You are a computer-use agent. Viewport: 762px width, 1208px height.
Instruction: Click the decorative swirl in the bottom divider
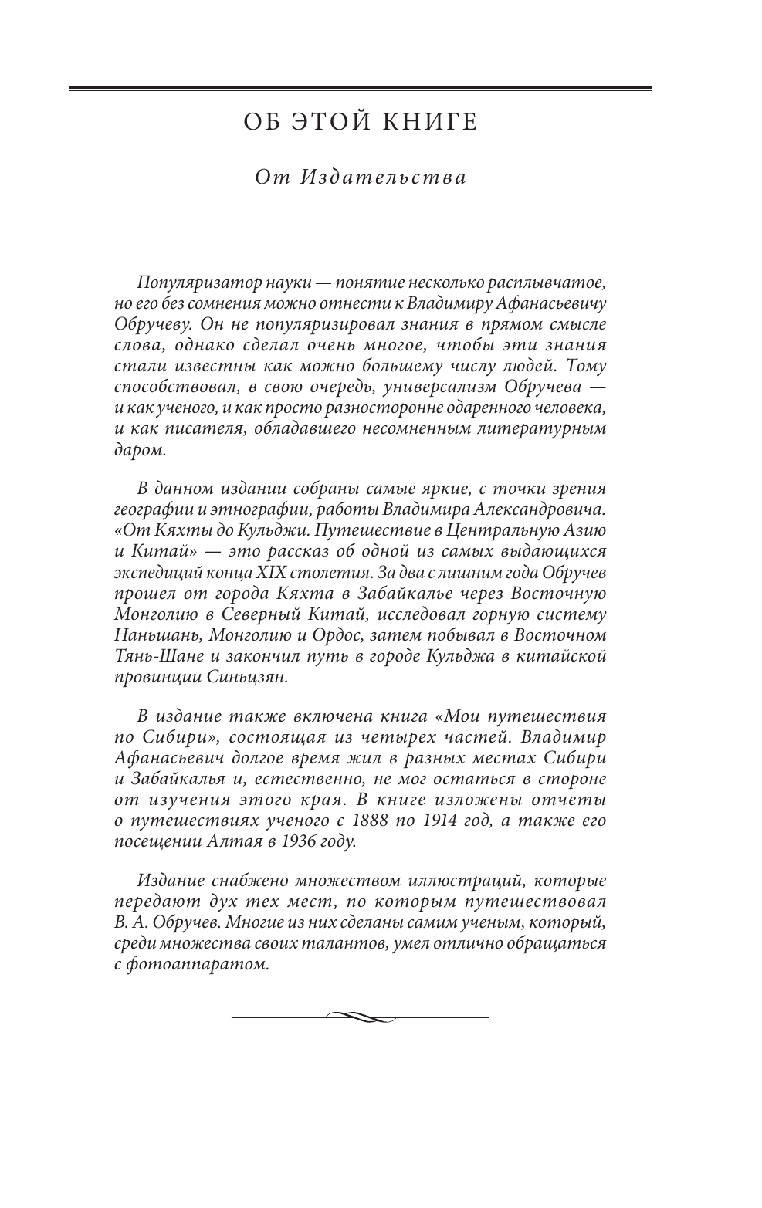[360, 1017]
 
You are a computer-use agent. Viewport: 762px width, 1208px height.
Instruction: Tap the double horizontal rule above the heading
[360, 90]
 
